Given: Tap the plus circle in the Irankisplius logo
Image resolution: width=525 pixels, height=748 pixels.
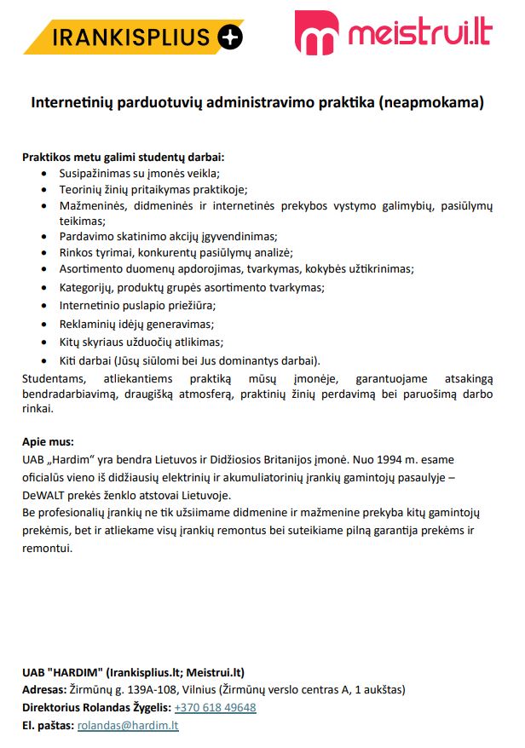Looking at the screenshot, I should [230, 37].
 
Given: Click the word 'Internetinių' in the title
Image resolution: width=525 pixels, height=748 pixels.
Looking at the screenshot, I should [72, 104].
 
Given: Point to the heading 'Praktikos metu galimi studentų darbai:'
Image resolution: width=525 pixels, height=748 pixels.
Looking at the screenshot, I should [123, 158].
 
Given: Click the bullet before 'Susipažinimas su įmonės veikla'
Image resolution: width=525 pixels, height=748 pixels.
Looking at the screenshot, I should [44, 173].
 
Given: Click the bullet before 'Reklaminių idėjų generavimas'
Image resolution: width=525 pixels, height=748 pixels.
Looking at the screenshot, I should [44, 325].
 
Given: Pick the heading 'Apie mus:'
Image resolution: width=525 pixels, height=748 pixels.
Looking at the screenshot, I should [48, 441].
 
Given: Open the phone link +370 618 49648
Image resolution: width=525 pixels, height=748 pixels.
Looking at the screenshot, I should [215, 708].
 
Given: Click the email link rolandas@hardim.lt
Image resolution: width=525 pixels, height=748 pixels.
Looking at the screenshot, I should [128, 726].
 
